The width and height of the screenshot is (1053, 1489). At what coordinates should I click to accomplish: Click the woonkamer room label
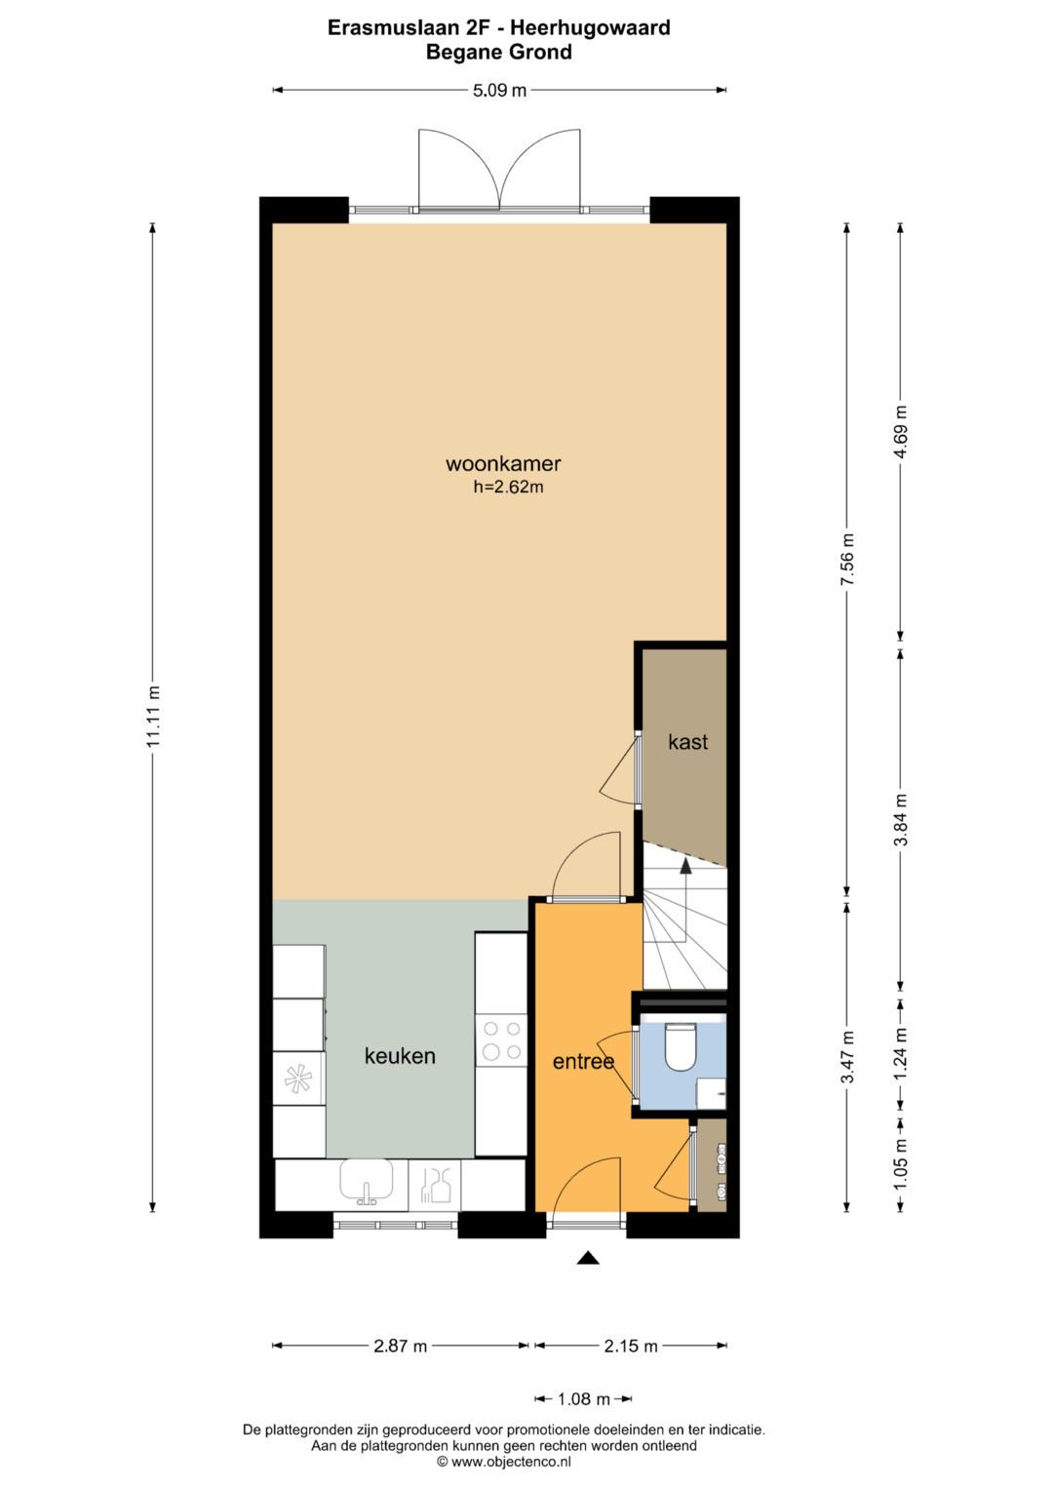[x=503, y=464]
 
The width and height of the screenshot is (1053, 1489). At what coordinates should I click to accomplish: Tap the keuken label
[x=400, y=1056]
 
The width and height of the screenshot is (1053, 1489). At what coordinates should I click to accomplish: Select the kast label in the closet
[x=687, y=742]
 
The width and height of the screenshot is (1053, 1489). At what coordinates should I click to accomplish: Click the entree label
[x=583, y=1062]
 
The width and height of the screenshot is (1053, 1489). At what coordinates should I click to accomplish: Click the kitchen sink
[x=367, y=1182]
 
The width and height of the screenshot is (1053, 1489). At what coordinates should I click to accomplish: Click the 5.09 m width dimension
[x=499, y=91]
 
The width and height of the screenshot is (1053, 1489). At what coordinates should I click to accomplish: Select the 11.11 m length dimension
[x=153, y=717]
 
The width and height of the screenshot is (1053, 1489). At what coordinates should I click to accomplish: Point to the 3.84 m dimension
[x=900, y=819]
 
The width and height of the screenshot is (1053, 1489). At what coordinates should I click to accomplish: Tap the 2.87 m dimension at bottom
[x=400, y=1347]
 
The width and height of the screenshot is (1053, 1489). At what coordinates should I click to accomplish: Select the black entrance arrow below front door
[x=587, y=1258]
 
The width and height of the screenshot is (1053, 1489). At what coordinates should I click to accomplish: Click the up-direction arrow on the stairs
[x=685, y=865]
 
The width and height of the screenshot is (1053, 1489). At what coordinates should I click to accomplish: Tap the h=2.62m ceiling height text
[x=508, y=488]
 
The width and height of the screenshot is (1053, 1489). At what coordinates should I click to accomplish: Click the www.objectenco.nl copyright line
[x=503, y=1462]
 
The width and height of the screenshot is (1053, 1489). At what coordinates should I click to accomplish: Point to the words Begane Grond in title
[x=498, y=53]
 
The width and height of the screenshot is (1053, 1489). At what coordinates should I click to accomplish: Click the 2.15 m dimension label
[x=630, y=1347]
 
